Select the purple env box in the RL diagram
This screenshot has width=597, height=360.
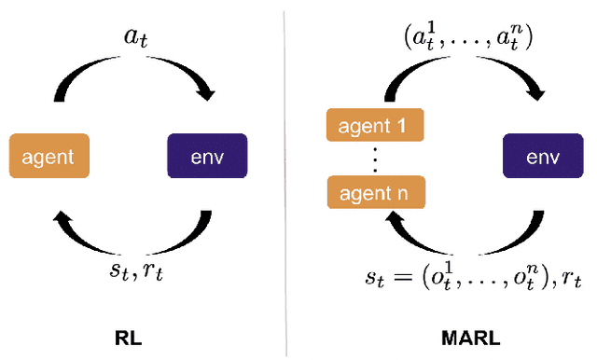(x=208, y=157)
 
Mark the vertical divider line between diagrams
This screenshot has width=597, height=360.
(x=286, y=177)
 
